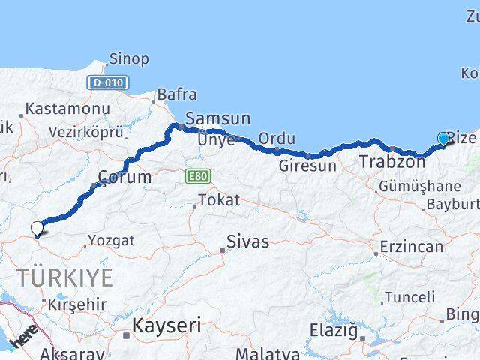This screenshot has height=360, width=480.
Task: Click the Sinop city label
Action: click(x=129, y=58)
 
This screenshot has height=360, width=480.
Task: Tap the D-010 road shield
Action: click(x=107, y=82)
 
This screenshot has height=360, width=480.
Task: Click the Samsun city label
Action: click(x=217, y=118)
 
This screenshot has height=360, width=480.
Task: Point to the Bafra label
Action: click(x=177, y=95)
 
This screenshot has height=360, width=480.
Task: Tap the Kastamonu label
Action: click(x=67, y=109)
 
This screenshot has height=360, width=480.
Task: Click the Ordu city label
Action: click(x=277, y=139)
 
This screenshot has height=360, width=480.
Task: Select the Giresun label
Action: click(x=307, y=166)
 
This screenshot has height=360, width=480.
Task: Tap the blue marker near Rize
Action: click(x=443, y=139)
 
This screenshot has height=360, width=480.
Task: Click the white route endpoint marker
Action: click(x=37, y=229)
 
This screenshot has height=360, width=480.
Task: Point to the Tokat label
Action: click(x=219, y=200)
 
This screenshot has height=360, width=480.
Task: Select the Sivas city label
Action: click(x=249, y=242)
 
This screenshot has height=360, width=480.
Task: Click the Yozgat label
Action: click(x=112, y=241)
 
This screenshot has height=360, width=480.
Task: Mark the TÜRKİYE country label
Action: click(x=65, y=278)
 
